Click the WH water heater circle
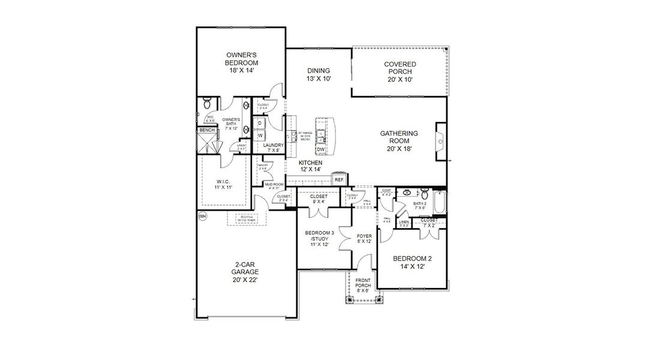coord(202,216)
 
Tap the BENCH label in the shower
coord(207,130)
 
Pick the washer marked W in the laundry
coord(261,136)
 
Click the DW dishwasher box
coord(321,149)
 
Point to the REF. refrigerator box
coord(339,179)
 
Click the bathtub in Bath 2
coord(440,203)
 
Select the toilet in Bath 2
coord(425,194)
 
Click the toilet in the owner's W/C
coord(206,101)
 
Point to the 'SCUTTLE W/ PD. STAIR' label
coord(242,218)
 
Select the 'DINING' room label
coord(319,70)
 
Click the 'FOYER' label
coord(364,236)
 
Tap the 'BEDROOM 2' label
coord(412,259)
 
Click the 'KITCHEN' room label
coord(311,163)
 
